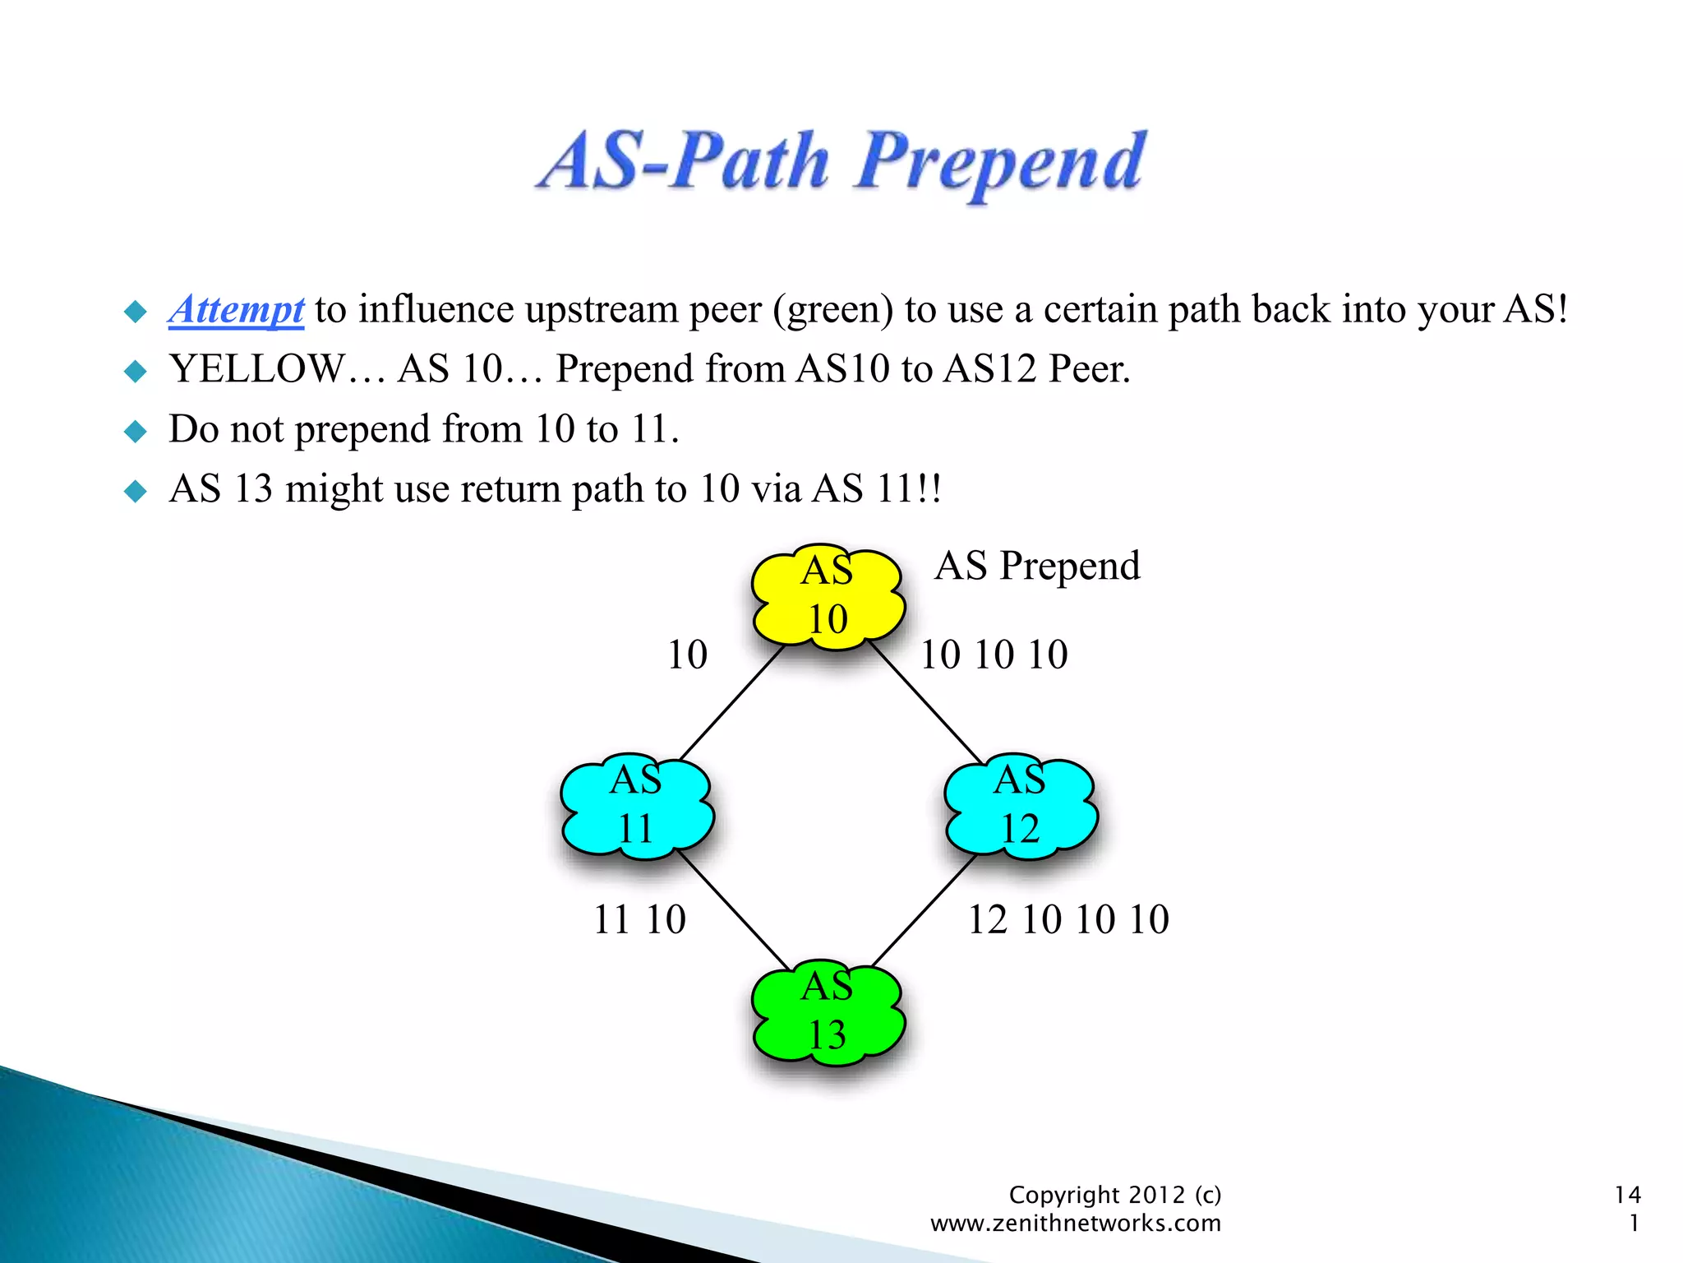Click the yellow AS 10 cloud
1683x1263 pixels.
(x=828, y=596)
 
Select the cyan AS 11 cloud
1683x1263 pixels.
(x=637, y=806)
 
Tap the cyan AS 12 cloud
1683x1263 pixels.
(x=1021, y=806)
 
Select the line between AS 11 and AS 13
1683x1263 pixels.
(x=734, y=911)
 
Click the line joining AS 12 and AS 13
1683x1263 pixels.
(x=924, y=911)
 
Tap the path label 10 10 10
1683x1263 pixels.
(x=994, y=655)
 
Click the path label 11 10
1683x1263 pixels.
(x=639, y=919)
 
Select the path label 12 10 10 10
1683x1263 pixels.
(x=1068, y=919)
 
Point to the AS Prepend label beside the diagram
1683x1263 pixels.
(x=1037, y=566)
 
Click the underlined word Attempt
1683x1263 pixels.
(x=236, y=311)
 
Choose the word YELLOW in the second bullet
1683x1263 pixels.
(x=256, y=369)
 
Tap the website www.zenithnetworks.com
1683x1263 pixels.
(x=1075, y=1224)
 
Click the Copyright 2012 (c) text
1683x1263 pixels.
(x=1114, y=1195)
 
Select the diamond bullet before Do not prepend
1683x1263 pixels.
(x=135, y=431)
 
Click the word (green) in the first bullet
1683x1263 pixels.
(x=832, y=311)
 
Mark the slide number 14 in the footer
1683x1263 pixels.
(x=1627, y=1195)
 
